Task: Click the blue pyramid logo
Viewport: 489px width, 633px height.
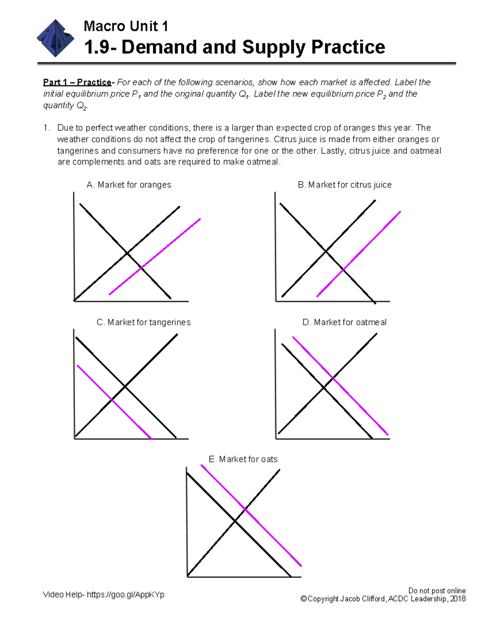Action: pyautogui.click(x=55, y=38)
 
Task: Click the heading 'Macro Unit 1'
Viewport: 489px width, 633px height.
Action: pyautogui.click(x=126, y=26)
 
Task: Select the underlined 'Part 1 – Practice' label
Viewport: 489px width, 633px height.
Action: pyautogui.click(x=77, y=82)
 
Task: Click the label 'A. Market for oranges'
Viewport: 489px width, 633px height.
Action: pyautogui.click(x=129, y=185)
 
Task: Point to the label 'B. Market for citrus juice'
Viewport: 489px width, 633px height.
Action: pyautogui.click(x=344, y=185)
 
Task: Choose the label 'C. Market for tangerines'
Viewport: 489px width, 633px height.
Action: pyautogui.click(x=143, y=322)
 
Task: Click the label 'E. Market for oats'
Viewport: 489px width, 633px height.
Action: pyautogui.click(x=243, y=459)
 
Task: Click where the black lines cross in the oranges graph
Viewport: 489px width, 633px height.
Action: pyautogui.click(x=127, y=253)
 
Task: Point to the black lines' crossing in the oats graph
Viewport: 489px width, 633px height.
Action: pyautogui.click(x=235, y=521)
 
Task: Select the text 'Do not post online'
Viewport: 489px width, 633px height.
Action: pyautogui.click(x=437, y=591)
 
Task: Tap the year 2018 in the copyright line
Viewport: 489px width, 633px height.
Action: pyautogui.click(x=458, y=599)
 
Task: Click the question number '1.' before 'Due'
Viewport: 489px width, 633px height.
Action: pyautogui.click(x=47, y=128)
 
